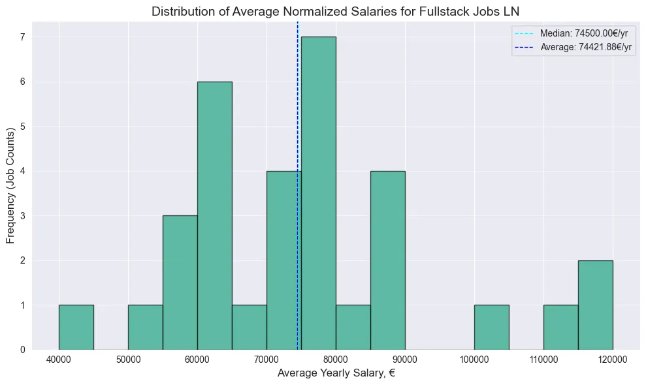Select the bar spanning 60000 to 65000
(214, 215)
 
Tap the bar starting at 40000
(76, 327)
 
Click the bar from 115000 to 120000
(595, 305)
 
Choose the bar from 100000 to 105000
(491, 327)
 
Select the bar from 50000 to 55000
(145, 327)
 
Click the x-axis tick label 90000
(404, 360)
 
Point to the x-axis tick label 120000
(612, 360)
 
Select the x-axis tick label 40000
(59, 360)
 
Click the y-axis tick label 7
(22, 37)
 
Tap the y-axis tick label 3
(22, 215)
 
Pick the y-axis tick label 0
(22, 349)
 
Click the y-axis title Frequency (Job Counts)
(11, 186)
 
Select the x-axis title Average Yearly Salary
(336, 373)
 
